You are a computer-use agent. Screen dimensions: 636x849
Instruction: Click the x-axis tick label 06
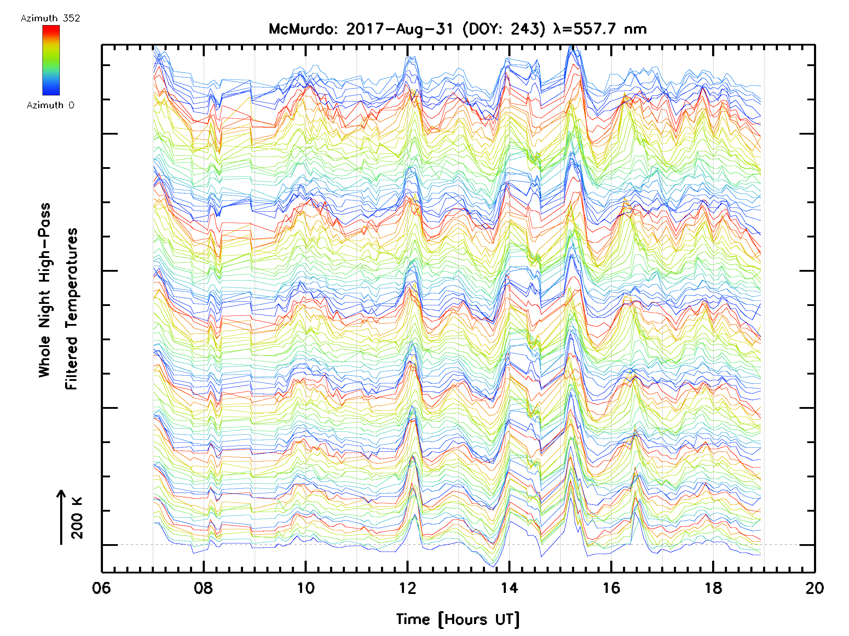(101, 588)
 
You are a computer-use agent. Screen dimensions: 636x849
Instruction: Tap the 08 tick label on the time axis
(203, 588)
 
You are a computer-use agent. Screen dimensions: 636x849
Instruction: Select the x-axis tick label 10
(306, 588)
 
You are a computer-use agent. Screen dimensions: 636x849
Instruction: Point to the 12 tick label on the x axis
(407, 588)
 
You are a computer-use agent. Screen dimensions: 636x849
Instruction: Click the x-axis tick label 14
(509, 588)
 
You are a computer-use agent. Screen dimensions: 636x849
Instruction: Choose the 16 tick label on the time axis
(611, 588)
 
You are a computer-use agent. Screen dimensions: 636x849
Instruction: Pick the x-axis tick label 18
(713, 588)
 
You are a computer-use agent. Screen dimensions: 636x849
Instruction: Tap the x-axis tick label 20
(814, 588)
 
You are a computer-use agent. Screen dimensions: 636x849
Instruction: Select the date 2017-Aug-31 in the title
(399, 29)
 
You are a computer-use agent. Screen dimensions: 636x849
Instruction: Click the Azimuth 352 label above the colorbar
(50, 18)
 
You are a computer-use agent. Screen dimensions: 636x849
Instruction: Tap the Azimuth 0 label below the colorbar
(50, 105)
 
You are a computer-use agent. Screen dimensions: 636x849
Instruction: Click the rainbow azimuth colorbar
(51, 60)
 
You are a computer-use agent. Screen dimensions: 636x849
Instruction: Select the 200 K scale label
(77, 518)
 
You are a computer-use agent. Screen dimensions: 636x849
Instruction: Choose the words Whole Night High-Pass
(45, 290)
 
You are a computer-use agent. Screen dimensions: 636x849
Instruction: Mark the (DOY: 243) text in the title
(504, 29)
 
